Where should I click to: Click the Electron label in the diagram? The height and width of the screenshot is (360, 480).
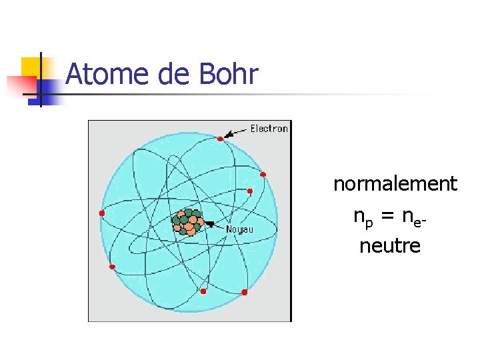pos(269,129)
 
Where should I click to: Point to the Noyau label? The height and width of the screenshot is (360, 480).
pos(239,229)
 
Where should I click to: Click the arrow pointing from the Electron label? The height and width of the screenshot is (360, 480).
pos(235,132)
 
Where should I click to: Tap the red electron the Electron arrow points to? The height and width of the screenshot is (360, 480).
pos(220,139)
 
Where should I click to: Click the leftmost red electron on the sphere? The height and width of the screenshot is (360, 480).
pos(102,213)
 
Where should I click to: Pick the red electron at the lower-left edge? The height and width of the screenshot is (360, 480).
pos(112,267)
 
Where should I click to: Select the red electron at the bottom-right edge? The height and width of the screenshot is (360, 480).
pos(245,292)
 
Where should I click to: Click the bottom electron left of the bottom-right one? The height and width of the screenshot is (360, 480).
pos(203,291)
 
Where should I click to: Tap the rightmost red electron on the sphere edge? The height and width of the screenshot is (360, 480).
pos(263,175)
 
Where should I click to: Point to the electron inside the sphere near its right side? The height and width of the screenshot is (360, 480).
pos(250,191)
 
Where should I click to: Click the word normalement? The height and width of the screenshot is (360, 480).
pos(395,183)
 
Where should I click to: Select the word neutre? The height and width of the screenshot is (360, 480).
pos(390,246)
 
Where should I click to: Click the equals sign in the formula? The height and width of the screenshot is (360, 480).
pos(387,216)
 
